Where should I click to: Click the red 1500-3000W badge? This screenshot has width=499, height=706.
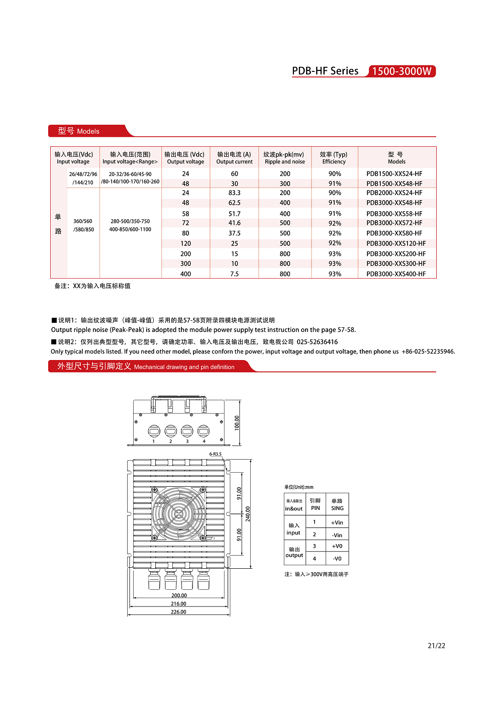point(402,71)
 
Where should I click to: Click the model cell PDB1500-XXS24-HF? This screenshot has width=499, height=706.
point(394,174)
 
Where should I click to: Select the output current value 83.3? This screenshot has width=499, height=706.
point(234,193)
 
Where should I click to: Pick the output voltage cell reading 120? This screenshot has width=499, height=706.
point(185,243)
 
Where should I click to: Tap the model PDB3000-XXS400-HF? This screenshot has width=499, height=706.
point(395,274)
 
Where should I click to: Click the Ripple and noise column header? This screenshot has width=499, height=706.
point(284,158)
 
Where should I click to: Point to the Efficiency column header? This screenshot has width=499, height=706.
point(334,158)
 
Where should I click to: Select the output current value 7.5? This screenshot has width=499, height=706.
point(234,274)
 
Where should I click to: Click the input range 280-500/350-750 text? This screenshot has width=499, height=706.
point(130,221)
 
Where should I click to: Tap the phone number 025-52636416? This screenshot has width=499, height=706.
point(317,342)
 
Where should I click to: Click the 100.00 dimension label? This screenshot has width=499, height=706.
point(237,423)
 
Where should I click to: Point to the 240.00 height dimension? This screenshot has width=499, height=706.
point(248,513)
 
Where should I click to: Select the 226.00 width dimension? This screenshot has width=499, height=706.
point(178,612)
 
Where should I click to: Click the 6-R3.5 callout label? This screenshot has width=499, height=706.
point(215,454)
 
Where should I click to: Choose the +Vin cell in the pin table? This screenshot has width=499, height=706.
point(337,522)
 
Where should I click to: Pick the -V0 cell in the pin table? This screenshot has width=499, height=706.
point(337,559)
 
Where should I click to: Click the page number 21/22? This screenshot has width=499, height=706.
point(436,646)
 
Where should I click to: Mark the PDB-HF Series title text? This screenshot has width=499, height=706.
point(325,71)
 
